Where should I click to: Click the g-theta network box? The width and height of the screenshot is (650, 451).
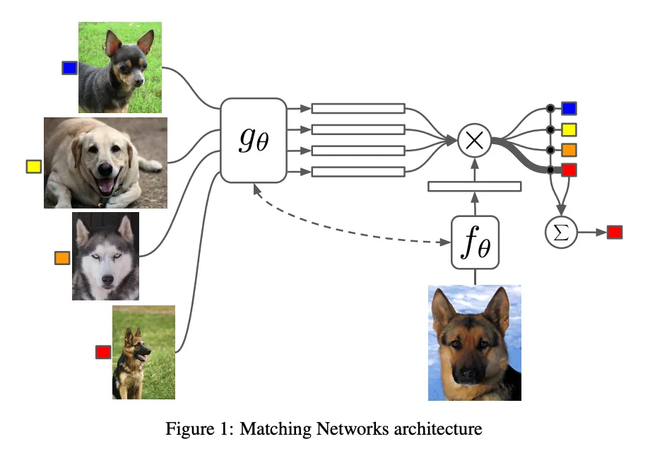[x=252, y=140]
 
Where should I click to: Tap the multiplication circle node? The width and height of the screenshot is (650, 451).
[x=475, y=140]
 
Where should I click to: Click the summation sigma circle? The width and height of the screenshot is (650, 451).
[x=561, y=231]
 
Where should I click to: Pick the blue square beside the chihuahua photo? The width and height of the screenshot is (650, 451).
[x=69, y=68]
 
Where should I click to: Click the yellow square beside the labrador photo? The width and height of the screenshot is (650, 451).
[x=33, y=167]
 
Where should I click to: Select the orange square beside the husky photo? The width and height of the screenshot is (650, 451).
[x=62, y=258]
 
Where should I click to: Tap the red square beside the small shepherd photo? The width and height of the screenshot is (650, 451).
[x=103, y=351]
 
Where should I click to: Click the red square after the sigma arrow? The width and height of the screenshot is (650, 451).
[x=614, y=232]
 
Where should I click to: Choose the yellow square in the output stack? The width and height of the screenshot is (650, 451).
[x=569, y=129]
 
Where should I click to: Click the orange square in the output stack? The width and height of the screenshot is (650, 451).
[x=569, y=150]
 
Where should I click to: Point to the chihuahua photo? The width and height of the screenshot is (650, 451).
[x=120, y=67]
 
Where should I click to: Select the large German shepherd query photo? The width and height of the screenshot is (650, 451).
[x=475, y=343]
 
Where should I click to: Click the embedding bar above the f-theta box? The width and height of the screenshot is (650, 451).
[x=475, y=186]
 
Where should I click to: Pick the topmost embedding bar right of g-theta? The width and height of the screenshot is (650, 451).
[x=358, y=108]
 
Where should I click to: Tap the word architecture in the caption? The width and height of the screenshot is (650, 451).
[x=444, y=428]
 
